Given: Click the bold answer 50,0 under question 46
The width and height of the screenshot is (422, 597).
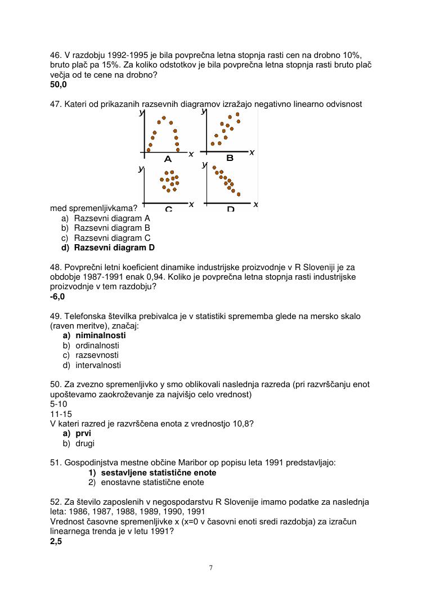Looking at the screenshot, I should [x=58, y=84].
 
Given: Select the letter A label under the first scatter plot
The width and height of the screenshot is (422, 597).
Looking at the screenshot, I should [x=168, y=159].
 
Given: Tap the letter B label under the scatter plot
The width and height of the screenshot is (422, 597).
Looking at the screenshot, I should [x=230, y=158].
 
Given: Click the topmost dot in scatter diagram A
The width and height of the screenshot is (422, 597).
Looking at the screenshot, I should [x=164, y=118].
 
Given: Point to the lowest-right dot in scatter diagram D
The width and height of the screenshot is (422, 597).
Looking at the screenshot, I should [x=239, y=194].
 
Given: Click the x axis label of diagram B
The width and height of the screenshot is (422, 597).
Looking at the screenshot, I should [x=252, y=152].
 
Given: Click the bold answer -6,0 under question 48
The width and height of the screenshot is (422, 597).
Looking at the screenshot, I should [x=57, y=297].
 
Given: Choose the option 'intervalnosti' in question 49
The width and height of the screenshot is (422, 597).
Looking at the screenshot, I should [x=98, y=365].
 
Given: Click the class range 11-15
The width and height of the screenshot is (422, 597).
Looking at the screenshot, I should [x=61, y=414].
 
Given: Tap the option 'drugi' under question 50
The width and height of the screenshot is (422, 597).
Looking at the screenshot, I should [x=86, y=443].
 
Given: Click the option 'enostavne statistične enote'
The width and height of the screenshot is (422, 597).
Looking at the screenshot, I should [x=152, y=482].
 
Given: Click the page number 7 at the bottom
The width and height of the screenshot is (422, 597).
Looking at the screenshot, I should [x=211, y=567].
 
